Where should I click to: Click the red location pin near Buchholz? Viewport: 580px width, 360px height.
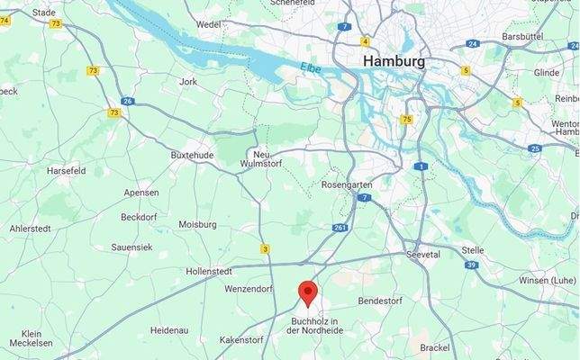(x=308, y=293)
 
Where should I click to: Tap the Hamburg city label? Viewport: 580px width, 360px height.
(x=394, y=61)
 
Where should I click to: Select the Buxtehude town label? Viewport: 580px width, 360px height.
(x=192, y=155)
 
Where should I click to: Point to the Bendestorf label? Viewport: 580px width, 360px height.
(x=384, y=300)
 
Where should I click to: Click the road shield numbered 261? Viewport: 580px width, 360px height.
(x=340, y=228)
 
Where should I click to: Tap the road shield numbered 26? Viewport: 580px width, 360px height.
(x=128, y=101)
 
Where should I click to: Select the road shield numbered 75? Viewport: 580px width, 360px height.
(x=407, y=119)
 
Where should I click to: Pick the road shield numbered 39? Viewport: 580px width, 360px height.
(x=471, y=265)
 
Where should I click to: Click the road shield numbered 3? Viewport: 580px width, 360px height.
(x=265, y=248)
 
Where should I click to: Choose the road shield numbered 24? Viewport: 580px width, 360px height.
(x=473, y=43)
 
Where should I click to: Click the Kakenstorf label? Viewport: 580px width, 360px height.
(x=242, y=340)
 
